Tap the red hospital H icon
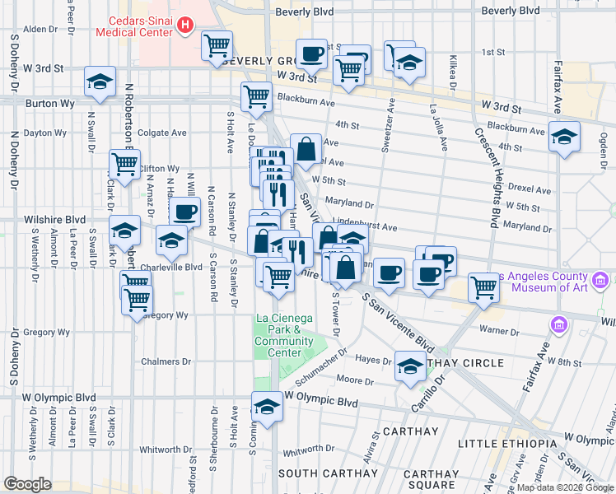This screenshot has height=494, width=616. (x=185, y=26)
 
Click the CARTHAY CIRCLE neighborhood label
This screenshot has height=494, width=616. (x=466, y=363)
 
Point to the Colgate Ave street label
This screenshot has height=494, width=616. (x=163, y=133)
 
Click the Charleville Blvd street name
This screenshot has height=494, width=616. (x=170, y=267)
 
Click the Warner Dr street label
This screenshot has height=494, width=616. (x=497, y=333)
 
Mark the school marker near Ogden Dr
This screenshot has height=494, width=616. (x=564, y=136)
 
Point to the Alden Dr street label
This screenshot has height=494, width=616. (x=40, y=29)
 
